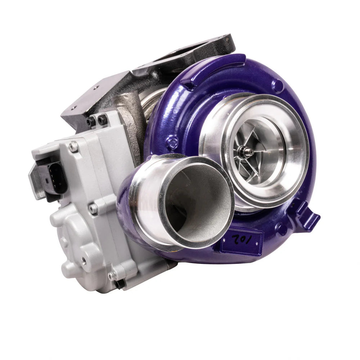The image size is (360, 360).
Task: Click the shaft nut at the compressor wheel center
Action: coord(248,152)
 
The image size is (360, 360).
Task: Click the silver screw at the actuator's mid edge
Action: coord(93,208)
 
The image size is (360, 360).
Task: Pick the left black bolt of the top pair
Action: coord(91,122)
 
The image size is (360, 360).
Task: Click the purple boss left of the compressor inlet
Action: coord(172,142)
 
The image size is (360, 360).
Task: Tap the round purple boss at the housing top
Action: coord(278,86)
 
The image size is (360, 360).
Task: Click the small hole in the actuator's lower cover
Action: coord(84,259)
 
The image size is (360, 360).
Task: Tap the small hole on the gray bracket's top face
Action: coord(73,108)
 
